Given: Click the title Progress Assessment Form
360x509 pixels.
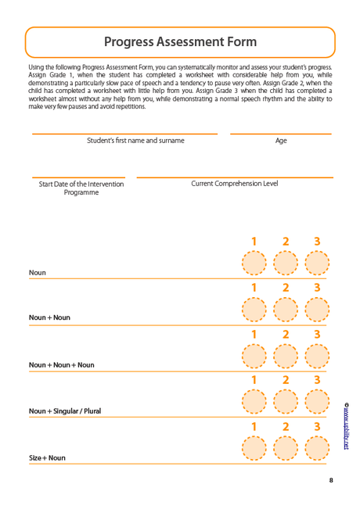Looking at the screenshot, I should (x=180, y=42).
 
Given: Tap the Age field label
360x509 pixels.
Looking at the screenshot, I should (x=281, y=141).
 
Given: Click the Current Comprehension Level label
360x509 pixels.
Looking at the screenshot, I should (x=235, y=184).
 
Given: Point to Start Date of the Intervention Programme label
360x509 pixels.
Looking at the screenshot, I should (x=81, y=188).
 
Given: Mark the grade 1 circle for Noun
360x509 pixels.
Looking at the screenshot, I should (x=254, y=263).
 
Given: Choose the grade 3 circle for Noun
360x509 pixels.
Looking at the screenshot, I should (x=317, y=263).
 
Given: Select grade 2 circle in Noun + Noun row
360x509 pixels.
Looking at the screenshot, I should (x=286, y=310).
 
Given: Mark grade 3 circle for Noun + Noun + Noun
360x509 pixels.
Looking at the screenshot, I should (x=317, y=356).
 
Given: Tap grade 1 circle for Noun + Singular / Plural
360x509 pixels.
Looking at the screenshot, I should (x=254, y=402).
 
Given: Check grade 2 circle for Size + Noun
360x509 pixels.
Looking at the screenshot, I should (x=286, y=448).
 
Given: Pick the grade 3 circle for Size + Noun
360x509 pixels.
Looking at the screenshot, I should (x=317, y=448).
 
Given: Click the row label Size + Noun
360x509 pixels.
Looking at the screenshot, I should (x=48, y=457).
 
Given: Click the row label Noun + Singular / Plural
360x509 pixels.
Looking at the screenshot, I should (x=65, y=410).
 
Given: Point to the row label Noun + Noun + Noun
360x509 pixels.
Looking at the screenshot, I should (x=62, y=364).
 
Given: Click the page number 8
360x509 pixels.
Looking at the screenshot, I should (x=331, y=480).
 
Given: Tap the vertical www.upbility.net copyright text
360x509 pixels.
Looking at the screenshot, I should (x=347, y=427).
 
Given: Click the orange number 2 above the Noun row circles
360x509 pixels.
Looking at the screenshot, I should (x=286, y=242).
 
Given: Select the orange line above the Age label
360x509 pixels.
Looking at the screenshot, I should (x=281, y=134).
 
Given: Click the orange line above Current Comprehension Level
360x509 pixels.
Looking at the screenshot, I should (x=235, y=177).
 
